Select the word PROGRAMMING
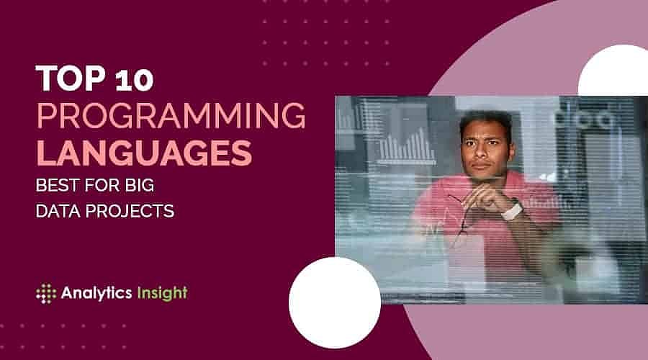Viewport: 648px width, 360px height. pyautogui.click(x=169, y=116)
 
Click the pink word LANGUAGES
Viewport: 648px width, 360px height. pyautogui.click(x=144, y=153)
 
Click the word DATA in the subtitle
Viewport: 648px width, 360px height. pyautogui.click(x=60, y=211)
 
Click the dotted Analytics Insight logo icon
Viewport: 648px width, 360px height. pyautogui.click(x=45, y=293)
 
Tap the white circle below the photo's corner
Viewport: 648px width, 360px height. pyautogui.click(x=335, y=302)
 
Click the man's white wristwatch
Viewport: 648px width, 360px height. pyautogui.click(x=512, y=210)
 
